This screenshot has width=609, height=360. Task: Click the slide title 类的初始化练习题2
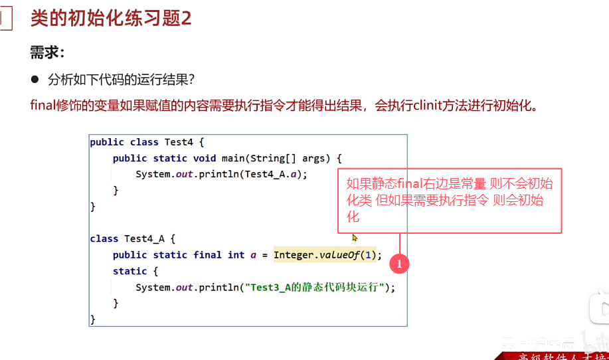pos(111,18)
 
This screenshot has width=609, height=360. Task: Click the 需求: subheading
pos(47,52)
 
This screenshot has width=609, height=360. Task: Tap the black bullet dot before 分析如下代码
pos(35,80)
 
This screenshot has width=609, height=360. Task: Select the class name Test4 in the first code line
pos(179,142)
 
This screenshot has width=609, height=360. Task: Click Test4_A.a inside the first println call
pos(274,174)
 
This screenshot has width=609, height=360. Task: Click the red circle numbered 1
pos(399,264)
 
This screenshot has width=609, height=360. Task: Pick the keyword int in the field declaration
pos(236,255)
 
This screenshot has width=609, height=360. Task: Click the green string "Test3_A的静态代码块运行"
pos(315,288)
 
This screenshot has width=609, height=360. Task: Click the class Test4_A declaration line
pos(132,238)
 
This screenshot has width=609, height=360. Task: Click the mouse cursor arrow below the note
pos(355,237)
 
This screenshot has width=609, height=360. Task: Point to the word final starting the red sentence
pos(42,106)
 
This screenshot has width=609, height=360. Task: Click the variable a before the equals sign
pos(253,255)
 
